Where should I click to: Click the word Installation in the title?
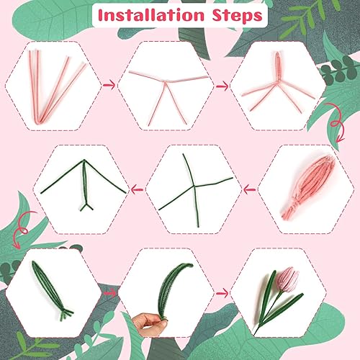coord(151,15)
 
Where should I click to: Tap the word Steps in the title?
coord(237,16)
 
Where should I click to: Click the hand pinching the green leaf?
coord(150,324)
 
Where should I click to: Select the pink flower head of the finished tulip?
coord(287,279)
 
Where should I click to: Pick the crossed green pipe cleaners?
coord(195,189)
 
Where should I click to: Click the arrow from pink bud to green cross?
coord(249,189)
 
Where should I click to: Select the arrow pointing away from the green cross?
coord(137,189)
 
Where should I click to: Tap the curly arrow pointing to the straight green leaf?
coord(23,229)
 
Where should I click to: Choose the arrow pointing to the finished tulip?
coord(222,293)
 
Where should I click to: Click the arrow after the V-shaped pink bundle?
coord(109,85)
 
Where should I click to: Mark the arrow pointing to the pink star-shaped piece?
coord(222,86)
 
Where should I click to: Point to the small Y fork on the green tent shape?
coord(86,207)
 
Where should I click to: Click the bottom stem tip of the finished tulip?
coord(254,334)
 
